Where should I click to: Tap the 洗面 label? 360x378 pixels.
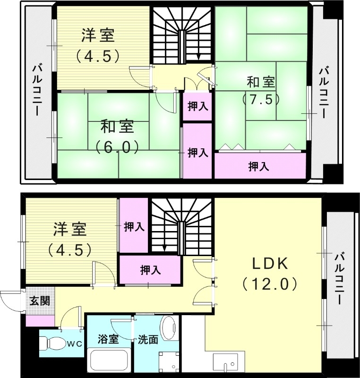(x=148, y=339)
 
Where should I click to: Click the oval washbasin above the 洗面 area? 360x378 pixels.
(x=168, y=327)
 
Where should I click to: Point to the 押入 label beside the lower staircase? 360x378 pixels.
(x=134, y=227)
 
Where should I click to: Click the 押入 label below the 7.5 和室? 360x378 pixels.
(x=259, y=166)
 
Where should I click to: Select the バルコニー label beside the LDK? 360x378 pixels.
(x=339, y=278)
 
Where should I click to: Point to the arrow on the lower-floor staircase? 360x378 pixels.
(x=164, y=247)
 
